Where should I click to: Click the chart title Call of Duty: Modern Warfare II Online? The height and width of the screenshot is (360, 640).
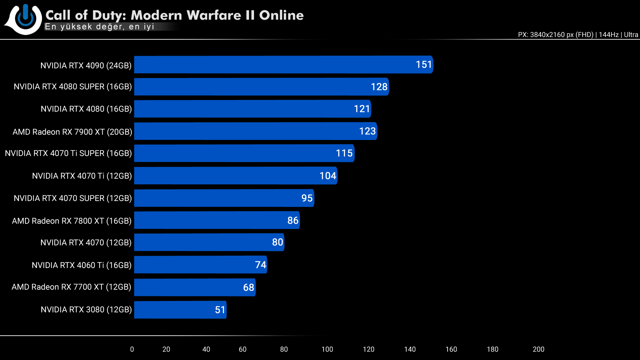174,15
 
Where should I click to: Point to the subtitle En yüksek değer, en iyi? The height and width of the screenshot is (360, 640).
99,27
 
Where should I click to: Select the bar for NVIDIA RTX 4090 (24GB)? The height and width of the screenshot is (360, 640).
283,65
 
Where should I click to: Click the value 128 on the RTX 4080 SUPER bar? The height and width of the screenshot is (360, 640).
379,87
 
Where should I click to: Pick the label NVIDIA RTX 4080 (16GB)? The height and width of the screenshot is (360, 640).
86,109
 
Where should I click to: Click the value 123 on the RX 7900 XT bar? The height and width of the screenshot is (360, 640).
367,131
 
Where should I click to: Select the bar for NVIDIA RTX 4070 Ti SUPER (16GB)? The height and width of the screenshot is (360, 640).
244,153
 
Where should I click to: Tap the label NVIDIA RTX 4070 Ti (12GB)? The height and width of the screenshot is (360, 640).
82,176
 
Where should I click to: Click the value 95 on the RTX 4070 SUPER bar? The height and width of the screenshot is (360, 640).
307,198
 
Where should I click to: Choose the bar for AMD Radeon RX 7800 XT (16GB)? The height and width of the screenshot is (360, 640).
217,220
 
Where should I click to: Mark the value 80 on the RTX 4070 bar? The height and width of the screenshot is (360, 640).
277,242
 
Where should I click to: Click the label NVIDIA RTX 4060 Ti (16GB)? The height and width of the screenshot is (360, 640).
81,265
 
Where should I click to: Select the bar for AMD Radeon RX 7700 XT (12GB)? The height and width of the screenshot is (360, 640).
195,287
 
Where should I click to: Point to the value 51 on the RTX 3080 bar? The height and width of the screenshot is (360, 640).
220,310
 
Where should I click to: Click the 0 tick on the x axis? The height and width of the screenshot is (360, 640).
132,349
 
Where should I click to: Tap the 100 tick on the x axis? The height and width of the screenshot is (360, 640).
327,349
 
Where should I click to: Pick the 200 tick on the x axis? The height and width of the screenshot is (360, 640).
538,349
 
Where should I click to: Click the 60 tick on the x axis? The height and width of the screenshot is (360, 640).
242,349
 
